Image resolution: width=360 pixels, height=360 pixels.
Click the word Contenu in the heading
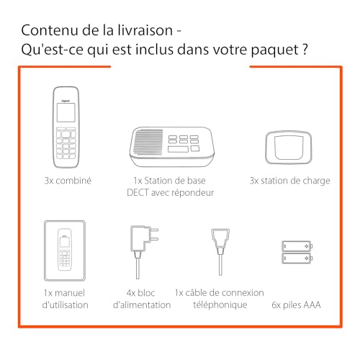(50, 30)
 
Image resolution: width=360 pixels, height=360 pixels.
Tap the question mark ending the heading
(305, 49)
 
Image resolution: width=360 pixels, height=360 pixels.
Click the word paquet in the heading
(274, 50)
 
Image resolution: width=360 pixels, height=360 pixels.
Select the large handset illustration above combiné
(66, 127)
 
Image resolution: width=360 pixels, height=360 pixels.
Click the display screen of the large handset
(66, 112)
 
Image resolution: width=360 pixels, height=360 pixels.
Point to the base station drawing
(172, 147)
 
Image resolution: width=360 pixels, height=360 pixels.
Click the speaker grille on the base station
(148, 142)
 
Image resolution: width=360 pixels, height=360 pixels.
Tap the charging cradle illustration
(289, 148)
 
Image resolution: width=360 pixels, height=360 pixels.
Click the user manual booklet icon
(65, 251)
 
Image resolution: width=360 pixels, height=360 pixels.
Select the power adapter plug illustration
(143, 252)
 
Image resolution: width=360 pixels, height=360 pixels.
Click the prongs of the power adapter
(153, 234)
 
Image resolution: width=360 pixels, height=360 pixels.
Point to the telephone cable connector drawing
(220, 251)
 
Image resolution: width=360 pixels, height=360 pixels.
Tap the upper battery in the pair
(297, 246)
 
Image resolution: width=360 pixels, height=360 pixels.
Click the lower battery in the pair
(297, 258)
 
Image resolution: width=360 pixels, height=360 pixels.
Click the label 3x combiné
(68, 181)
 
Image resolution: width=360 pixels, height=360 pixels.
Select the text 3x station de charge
(290, 181)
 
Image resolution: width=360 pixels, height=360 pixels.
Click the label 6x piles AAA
(296, 305)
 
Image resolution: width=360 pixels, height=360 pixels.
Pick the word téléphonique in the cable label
(220, 305)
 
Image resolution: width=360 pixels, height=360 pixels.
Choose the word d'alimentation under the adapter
(142, 305)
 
